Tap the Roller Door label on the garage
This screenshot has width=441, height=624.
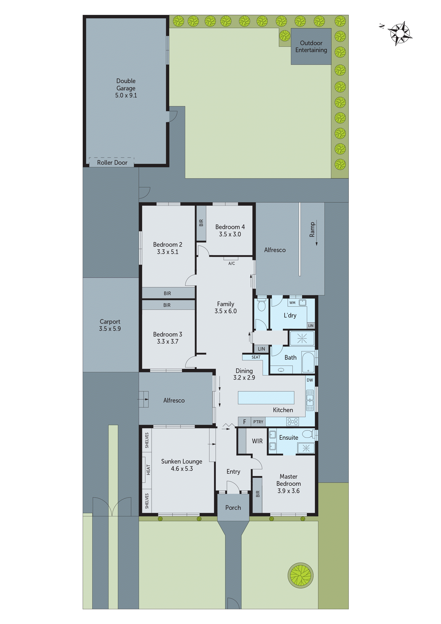(112, 163)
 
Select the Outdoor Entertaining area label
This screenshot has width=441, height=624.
(311, 46)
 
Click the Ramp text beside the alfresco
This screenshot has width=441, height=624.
(312, 229)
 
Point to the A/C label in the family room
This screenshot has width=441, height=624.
(232, 263)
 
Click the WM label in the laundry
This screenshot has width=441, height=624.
(292, 303)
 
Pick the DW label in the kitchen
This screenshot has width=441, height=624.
(310, 380)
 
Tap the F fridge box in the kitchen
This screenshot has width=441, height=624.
(245, 422)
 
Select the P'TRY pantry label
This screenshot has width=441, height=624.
(258, 422)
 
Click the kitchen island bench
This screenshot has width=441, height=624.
(266, 398)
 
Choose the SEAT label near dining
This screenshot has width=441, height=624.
(256, 357)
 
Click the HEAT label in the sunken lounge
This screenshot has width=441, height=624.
(148, 470)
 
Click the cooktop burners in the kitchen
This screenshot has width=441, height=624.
(292, 422)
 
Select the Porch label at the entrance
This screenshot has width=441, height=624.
(233, 507)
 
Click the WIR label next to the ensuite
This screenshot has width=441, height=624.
(257, 441)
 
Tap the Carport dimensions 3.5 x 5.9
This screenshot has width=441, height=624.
(110, 329)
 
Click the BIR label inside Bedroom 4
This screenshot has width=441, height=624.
(201, 223)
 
